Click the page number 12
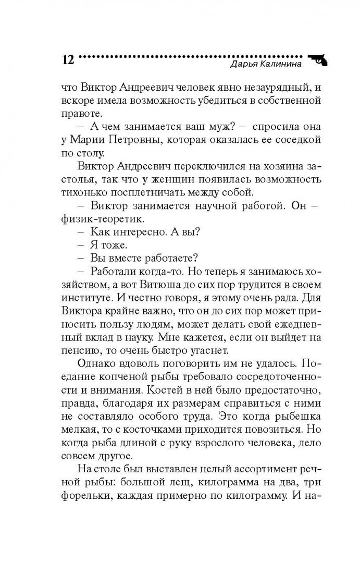pyautogui.click(x=68, y=58)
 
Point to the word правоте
pyautogui.click(x=80, y=113)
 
